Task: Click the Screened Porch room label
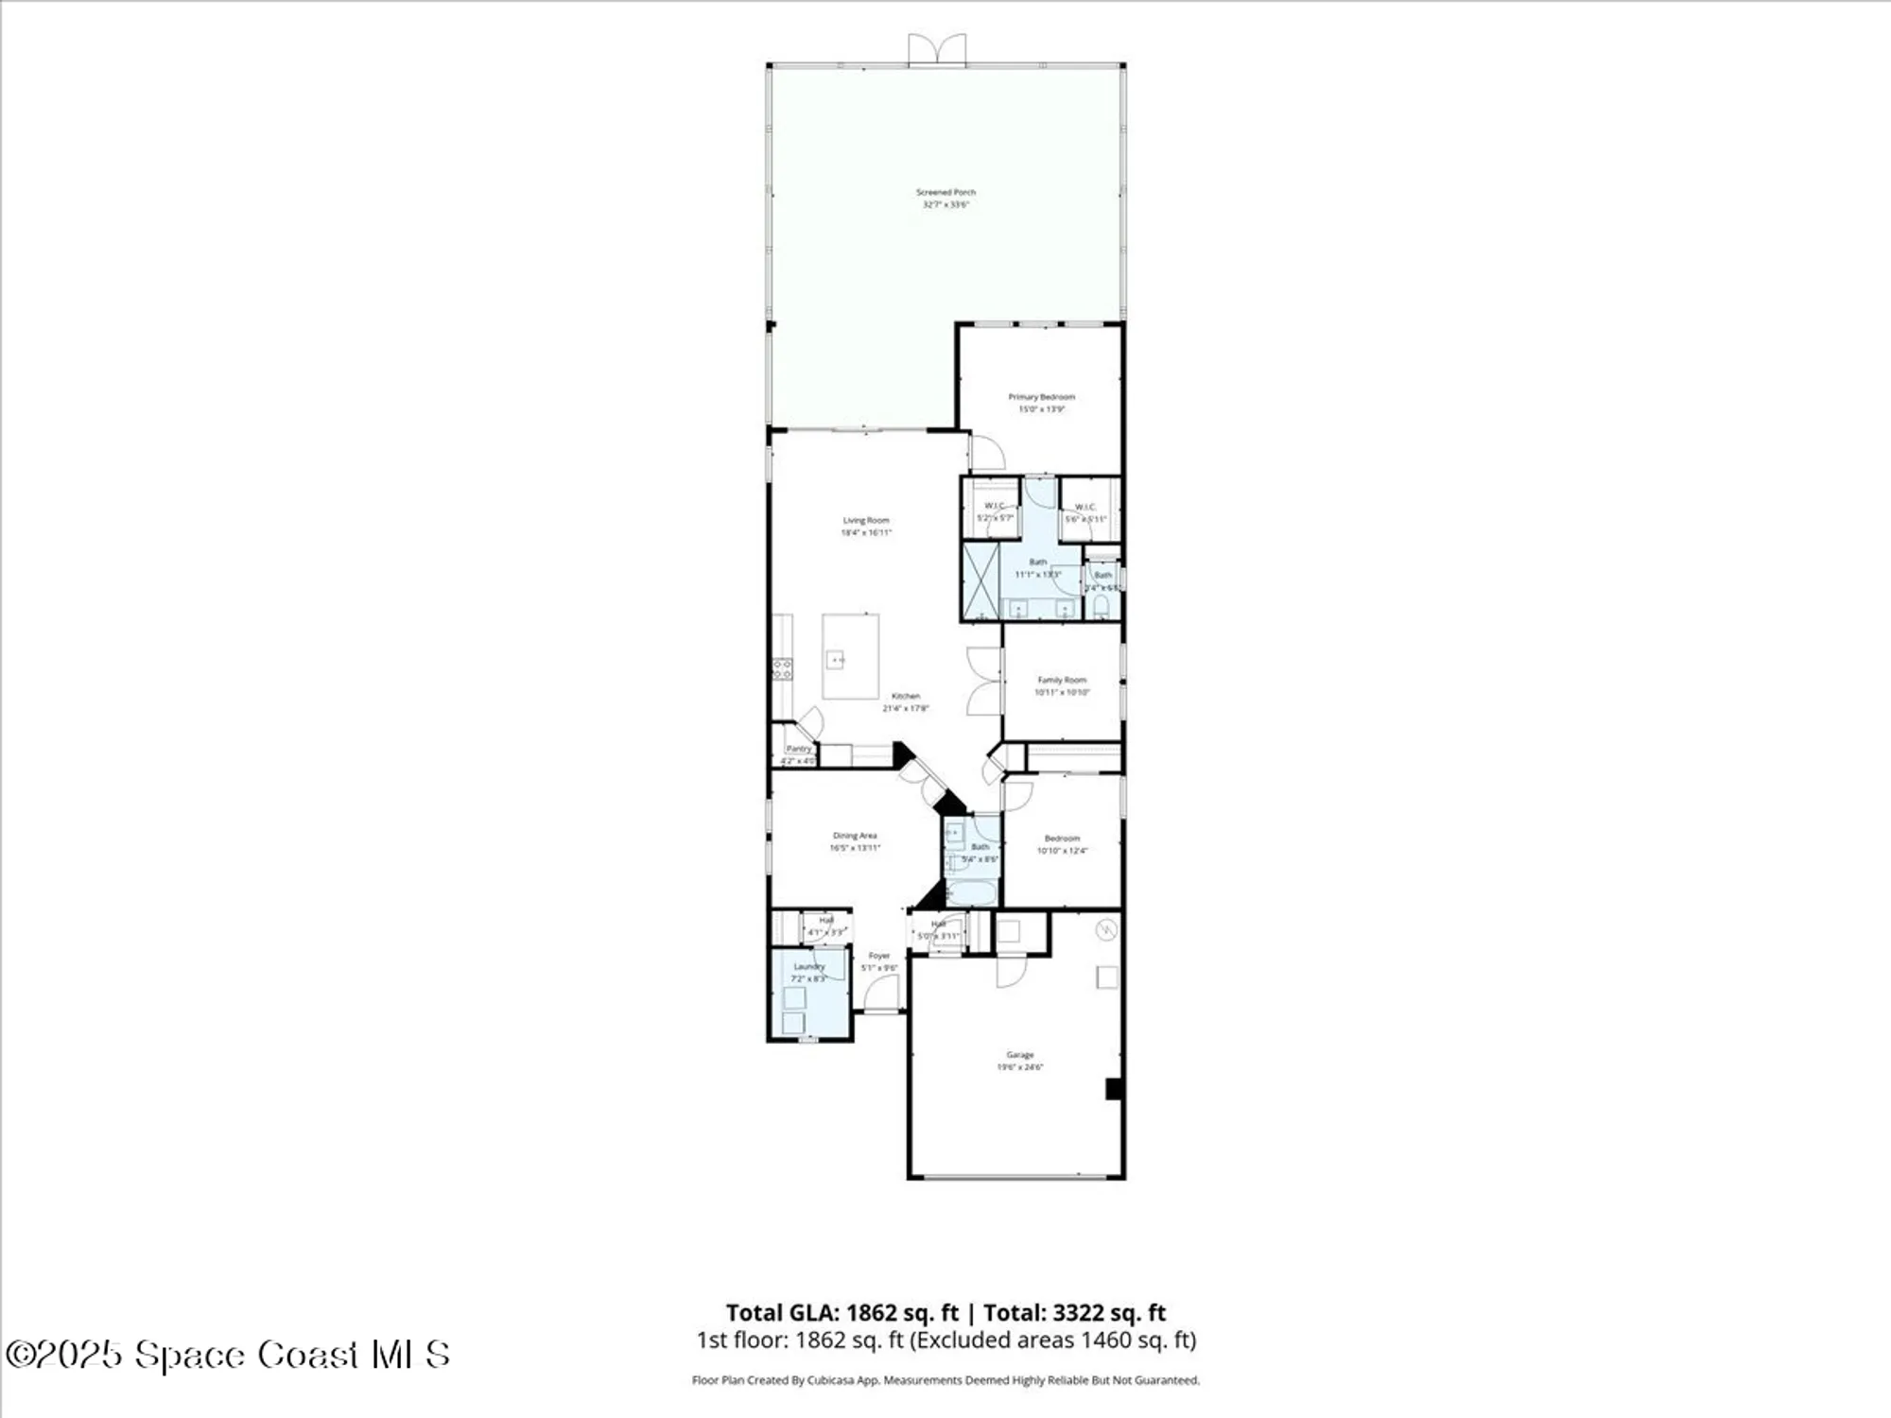(945, 193)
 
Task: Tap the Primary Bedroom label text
(1041, 397)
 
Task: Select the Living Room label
(866, 521)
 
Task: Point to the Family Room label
(1062, 681)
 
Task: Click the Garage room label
(1019, 1055)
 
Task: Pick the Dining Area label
(855, 836)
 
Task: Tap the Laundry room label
(808, 967)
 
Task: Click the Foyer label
(879, 956)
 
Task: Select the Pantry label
(799, 749)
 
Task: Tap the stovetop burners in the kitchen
(782, 669)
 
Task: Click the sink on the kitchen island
(836, 659)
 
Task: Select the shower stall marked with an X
(980, 580)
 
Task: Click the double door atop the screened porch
(937, 49)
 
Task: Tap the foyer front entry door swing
(882, 993)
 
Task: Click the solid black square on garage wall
(1114, 1089)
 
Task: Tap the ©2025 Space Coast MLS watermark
(227, 1355)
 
